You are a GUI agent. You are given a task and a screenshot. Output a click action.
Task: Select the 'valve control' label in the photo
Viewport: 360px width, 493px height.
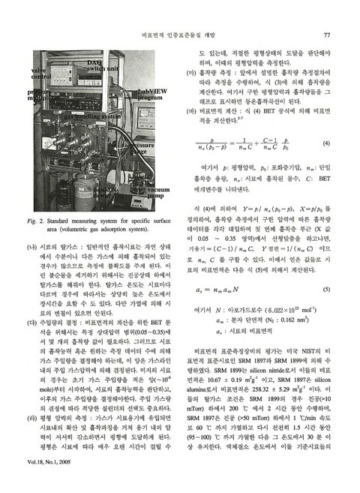coord(42,74)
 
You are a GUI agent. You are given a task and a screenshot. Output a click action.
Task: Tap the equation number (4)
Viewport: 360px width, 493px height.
coord(327,143)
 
